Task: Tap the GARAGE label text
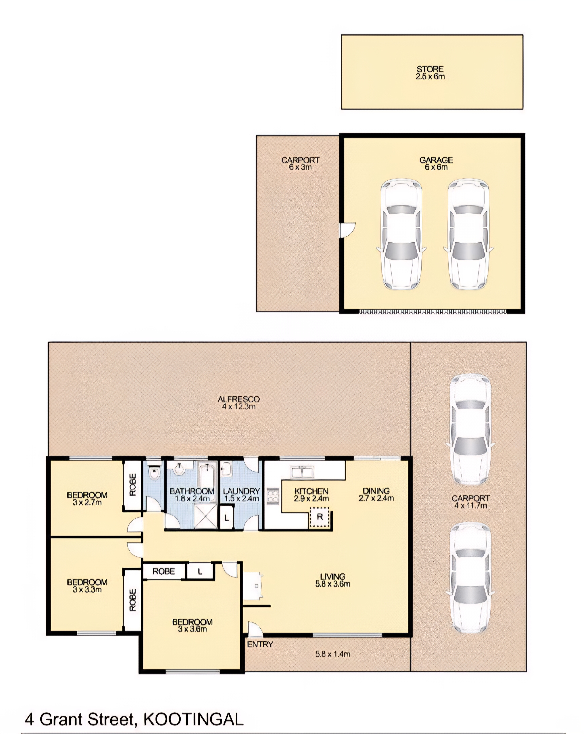(x=436, y=160)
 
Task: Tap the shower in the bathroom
(x=205, y=516)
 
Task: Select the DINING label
(x=376, y=491)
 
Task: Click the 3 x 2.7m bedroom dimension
(x=87, y=503)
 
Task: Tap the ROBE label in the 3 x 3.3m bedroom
(x=132, y=600)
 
